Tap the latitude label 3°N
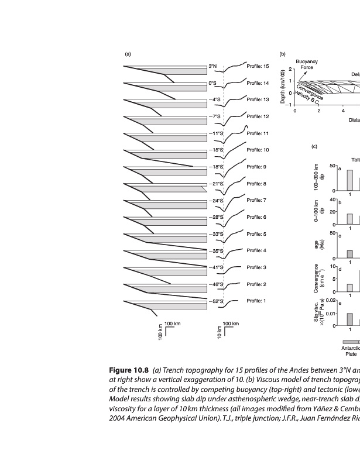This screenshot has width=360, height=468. [x=213, y=67]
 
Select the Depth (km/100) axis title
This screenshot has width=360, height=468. [x=283, y=88]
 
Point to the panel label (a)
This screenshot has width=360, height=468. [x=128, y=54]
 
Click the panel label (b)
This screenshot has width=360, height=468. [x=282, y=54]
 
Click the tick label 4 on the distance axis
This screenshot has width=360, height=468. [x=343, y=110]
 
